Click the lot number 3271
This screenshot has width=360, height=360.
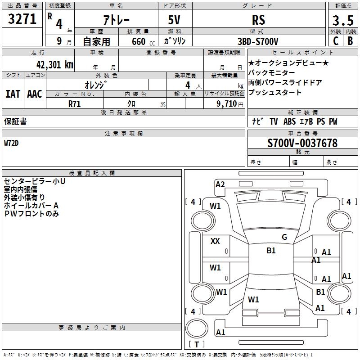pyautogui.click(x=22, y=19)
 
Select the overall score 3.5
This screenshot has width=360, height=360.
pyautogui.click(x=343, y=20)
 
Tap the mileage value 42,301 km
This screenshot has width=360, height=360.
pyautogui.click(x=55, y=65)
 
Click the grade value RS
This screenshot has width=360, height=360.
pyautogui.click(x=258, y=20)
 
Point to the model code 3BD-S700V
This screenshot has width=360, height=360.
pyautogui.click(x=258, y=41)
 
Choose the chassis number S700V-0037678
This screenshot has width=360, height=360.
pyautogui.click(x=302, y=143)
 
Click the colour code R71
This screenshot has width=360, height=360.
pyautogui.click(x=74, y=104)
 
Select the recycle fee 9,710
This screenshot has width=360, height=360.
pyautogui.click(x=227, y=104)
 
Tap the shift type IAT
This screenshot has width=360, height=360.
pyautogui.click(x=13, y=94)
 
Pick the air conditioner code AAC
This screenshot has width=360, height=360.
pyautogui.click(x=35, y=94)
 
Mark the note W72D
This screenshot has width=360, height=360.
pyautogui.click(x=11, y=143)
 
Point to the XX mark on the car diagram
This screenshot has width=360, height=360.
pyautogui.click(x=215, y=241)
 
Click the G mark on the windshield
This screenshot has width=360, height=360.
pyautogui.click(x=284, y=237)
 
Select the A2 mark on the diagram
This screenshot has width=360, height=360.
pyautogui.click(x=220, y=184)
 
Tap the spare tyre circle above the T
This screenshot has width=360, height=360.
pyautogui.click(x=197, y=328)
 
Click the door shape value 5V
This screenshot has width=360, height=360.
pyautogui.click(x=174, y=20)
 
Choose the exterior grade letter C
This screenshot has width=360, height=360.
pyautogui.click(x=335, y=41)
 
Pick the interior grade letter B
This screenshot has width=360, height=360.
pyautogui.click(x=350, y=41)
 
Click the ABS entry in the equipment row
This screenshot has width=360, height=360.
pyautogui.click(x=289, y=121)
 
